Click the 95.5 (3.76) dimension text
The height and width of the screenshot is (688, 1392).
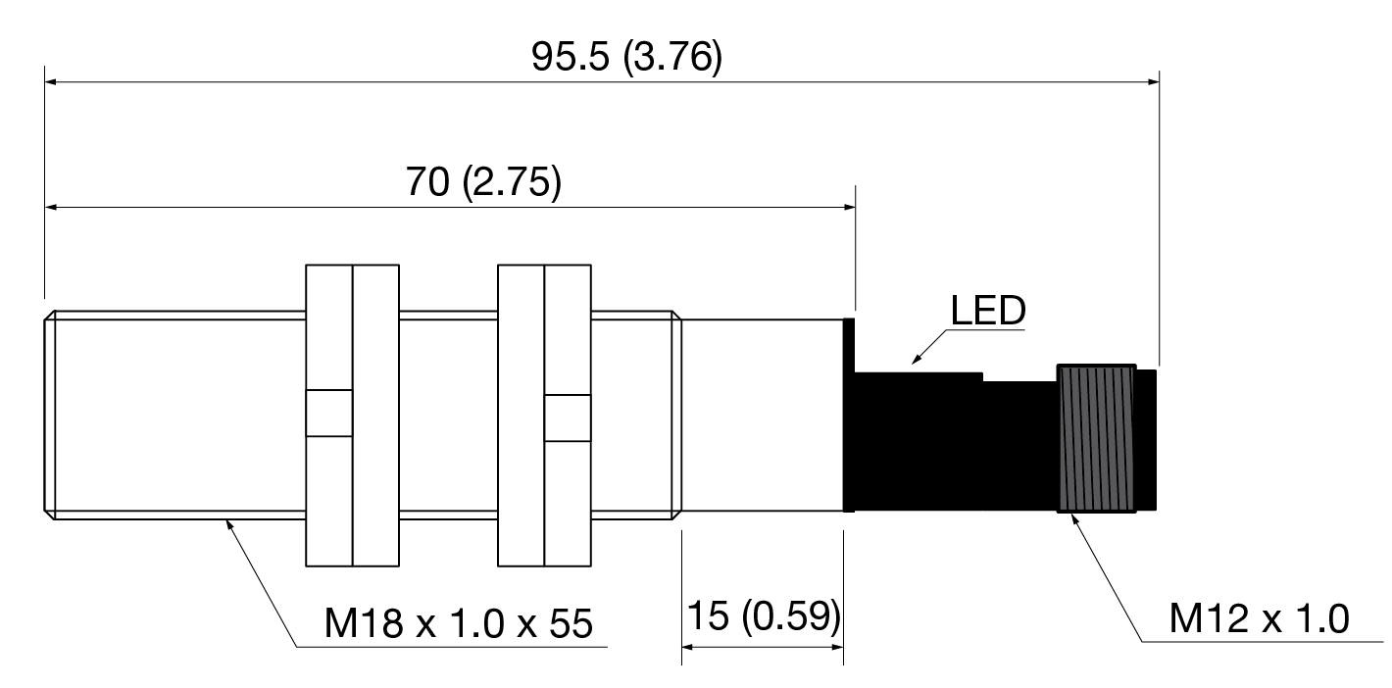(626, 57)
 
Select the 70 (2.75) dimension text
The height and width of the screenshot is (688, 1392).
(483, 182)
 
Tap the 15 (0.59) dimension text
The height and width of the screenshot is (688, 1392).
(764, 616)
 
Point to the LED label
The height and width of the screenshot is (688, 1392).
(988, 310)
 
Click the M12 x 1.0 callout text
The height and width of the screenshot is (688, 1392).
(1259, 619)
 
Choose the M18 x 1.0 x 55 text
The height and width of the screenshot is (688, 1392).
(458, 623)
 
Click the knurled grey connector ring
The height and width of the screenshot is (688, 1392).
(1097, 439)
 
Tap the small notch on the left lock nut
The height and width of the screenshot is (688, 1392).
(328, 414)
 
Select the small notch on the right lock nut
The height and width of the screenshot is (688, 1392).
(568, 418)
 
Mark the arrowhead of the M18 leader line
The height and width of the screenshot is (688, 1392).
(228, 525)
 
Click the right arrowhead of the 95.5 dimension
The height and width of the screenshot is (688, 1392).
(1153, 81)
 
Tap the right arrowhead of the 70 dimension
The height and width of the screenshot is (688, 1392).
(849, 207)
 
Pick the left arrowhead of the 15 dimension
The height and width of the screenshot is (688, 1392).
(688, 647)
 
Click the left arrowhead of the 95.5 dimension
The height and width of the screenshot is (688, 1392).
(52, 81)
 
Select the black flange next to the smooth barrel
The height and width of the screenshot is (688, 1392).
(848, 416)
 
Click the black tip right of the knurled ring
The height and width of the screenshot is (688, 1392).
(1147, 440)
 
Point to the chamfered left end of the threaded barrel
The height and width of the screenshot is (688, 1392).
(49, 416)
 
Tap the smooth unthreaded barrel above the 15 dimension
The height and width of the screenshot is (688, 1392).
(762, 416)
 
